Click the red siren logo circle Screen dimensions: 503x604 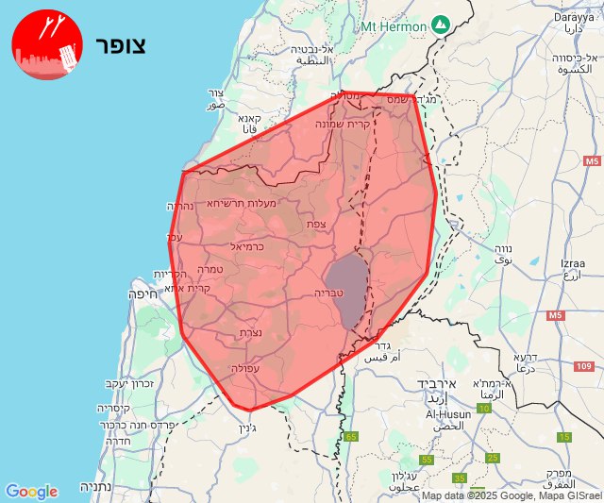coord(44,45)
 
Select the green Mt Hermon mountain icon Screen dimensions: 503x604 coord(439,23)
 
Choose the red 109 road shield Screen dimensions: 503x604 coord(582,365)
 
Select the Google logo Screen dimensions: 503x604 coord(31,492)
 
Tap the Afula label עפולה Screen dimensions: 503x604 coord(244,368)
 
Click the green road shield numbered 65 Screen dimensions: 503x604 coord(351,436)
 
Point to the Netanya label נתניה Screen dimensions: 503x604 coord(96,487)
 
